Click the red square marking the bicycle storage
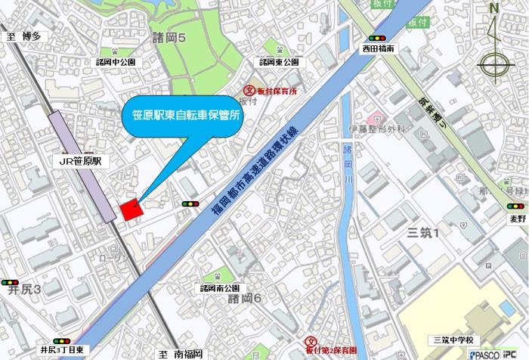[x=131, y=209]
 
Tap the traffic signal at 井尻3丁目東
[x=61, y=340]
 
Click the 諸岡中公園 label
[x=115, y=62]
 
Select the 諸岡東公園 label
[x=278, y=62]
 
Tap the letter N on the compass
[x=494, y=9]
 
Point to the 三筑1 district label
[x=423, y=232]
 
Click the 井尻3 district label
[x=23, y=289]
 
